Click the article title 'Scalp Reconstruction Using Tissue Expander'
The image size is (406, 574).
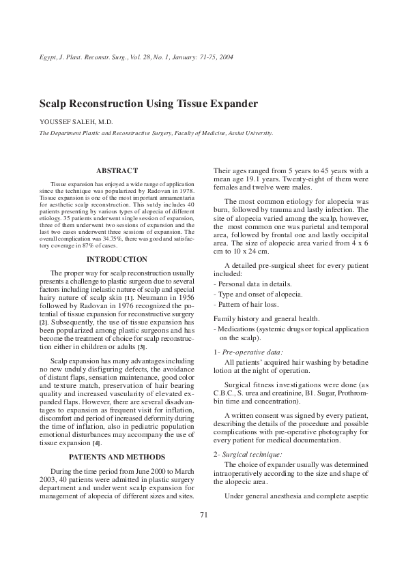(148, 104)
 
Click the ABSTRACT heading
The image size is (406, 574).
(117, 170)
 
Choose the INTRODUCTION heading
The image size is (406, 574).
(117, 260)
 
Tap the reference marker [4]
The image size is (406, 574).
(97, 424)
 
